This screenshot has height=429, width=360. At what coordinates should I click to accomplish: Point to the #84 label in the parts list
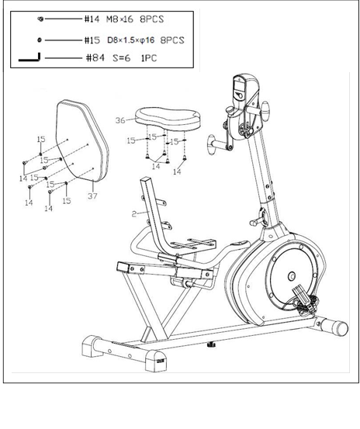(92, 57)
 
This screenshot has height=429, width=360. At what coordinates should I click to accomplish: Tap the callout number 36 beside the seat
(120, 120)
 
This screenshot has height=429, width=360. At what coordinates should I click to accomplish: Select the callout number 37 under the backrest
(92, 195)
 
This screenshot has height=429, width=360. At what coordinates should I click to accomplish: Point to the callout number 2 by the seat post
(134, 213)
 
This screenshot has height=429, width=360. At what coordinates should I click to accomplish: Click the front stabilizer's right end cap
(338, 327)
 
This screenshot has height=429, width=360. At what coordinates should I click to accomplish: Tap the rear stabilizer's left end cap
(89, 345)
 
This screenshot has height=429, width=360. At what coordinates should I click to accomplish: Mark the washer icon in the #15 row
(39, 39)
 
